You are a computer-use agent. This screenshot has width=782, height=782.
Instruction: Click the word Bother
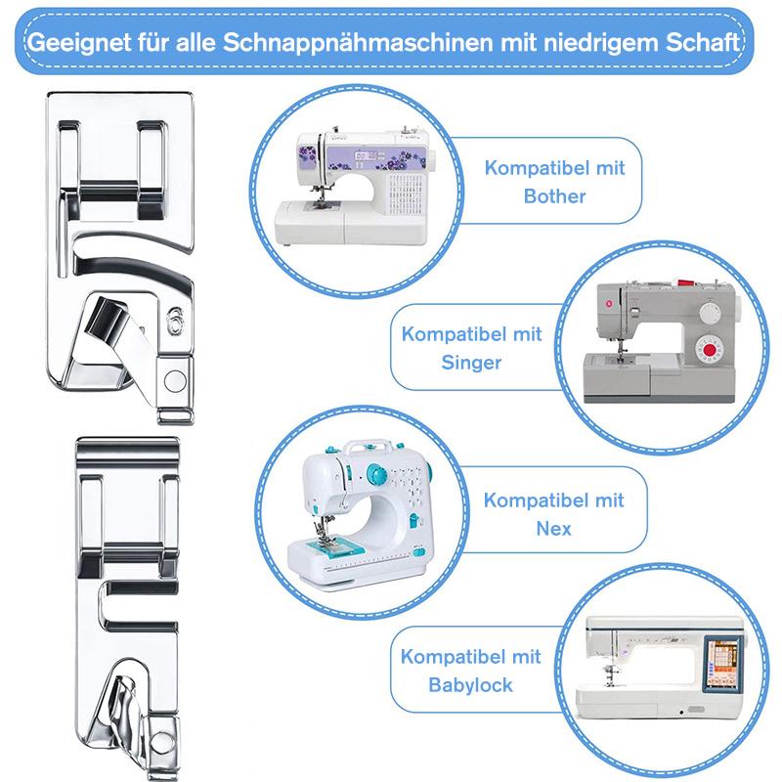pyautogui.click(x=555, y=195)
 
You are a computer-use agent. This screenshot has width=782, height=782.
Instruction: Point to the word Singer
pyautogui.click(x=471, y=362)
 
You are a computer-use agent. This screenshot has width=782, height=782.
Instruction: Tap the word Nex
pyautogui.click(x=553, y=529)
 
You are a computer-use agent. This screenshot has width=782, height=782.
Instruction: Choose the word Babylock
pyautogui.click(x=471, y=685)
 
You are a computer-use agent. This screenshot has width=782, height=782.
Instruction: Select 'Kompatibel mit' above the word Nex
pyautogui.click(x=553, y=500)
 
